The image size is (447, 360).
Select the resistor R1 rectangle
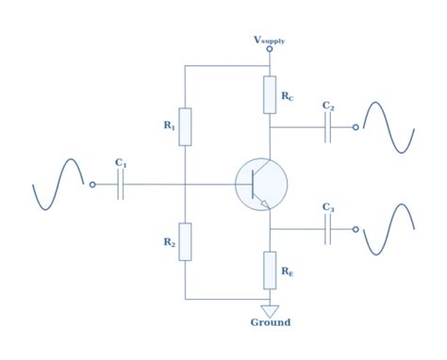point(185,126)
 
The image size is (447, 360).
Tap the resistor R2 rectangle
point(185,241)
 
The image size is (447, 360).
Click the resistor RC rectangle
point(270,95)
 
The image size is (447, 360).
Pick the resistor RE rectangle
point(270,270)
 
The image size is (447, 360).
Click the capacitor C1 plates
point(121,186)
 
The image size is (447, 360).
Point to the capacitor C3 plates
point(328,229)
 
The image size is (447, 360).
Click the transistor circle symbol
point(261,185)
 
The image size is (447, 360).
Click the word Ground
point(271,323)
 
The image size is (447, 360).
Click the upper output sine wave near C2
point(389,127)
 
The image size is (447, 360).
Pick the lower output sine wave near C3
point(389,229)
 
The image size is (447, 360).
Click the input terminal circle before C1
point(91,186)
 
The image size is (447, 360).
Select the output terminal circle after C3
point(356,229)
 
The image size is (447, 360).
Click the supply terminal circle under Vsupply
point(270,49)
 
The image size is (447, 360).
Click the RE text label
point(286,270)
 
